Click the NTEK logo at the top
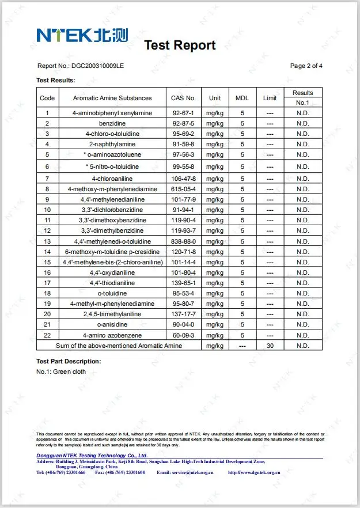pos(82,35)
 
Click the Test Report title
pos(180,46)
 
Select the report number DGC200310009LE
pos(98,66)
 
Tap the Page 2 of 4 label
pos(306,66)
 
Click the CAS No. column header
pos(184,98)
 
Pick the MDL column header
pos(242,98)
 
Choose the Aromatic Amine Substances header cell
pos(112,98)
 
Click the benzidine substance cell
pos(112,123)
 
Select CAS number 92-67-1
pos(184,113)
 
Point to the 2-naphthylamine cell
pos(112,144)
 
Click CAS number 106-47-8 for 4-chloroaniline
pos(184,179)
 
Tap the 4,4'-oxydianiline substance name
pos(112,272)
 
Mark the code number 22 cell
pos(47,335)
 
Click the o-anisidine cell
pos(112,325)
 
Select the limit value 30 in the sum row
pos(270,346)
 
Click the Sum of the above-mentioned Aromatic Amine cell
pos(119,346)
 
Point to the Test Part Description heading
pos(69,361)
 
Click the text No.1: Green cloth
pos(61,372)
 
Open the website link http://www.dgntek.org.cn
pos(254,472)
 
